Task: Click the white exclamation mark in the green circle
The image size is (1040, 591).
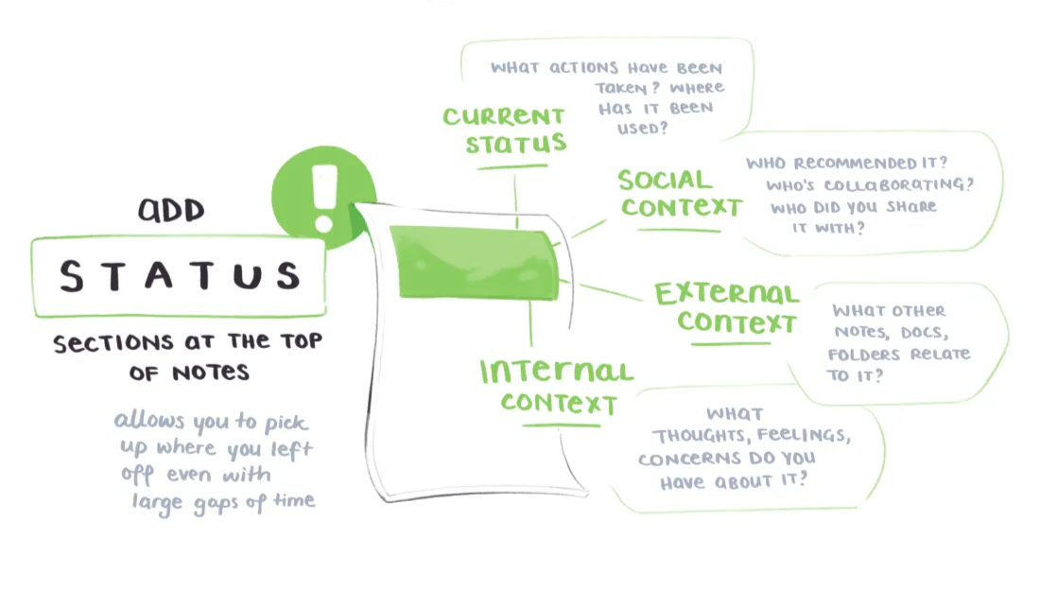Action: coord(325,196)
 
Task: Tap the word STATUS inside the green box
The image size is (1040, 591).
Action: coord(179,275)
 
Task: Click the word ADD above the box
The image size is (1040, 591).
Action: coord(171,210)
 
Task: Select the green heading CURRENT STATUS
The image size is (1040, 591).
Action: coord(504,130)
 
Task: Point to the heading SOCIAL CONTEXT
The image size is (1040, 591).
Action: coord(679,193)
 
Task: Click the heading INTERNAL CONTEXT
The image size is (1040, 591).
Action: coord(557,386)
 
